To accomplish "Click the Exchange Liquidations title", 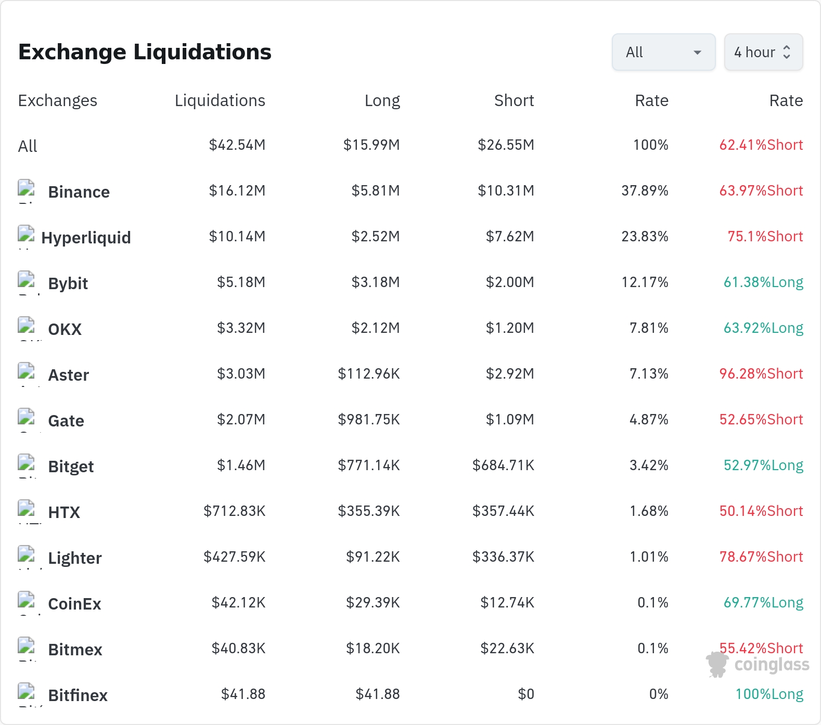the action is tap(145, 52).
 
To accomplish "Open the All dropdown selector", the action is tap(663, 52).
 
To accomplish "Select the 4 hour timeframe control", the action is tap(763, 52).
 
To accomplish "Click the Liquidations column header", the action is tap(220, 100).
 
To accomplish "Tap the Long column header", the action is tap(382, 100).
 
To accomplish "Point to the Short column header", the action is tap(514, 100).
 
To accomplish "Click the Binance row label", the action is tap(79, 192).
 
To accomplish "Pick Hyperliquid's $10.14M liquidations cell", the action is tap(237, 237).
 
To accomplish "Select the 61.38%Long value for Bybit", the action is tap(763, 282).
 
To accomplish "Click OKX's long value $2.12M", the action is tap(376, 328).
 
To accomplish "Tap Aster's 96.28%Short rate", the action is tap(761, 374).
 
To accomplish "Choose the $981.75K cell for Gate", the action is tap(369, 420).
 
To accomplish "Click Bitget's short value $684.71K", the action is tap(503, 465).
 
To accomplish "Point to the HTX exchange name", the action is tap(64, 512).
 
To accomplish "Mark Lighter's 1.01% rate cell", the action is tap(649, 557).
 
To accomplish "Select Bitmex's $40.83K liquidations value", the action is tap(238, 649).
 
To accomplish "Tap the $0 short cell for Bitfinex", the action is tap(526, 694).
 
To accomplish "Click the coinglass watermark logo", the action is tap(758, 665).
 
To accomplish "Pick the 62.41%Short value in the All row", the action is tap(761, 145).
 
